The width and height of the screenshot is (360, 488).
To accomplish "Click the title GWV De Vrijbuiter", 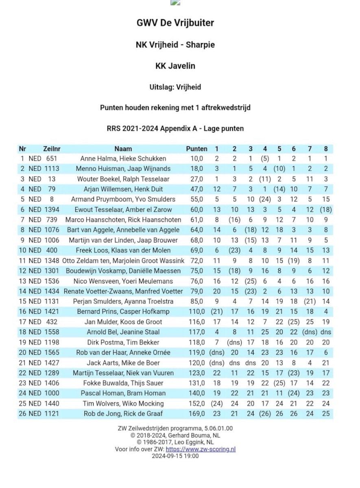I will pos(175,23).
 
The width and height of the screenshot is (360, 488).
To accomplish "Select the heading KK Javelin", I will pos(175,66).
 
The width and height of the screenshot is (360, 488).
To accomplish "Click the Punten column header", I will pos(196,149).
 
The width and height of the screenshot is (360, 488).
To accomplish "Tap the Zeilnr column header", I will pos(52,149).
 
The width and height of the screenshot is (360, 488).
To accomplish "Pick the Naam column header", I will pos(123,149).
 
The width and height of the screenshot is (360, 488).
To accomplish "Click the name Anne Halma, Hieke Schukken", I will pos(123,159).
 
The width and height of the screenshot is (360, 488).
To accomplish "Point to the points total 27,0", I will pos(196,179).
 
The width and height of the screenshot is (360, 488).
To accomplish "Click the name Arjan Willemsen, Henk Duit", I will pos(123,189).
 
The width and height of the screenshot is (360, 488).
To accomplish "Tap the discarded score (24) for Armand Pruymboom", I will pos(265,199).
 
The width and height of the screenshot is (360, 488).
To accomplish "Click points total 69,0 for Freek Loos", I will pos(196,251).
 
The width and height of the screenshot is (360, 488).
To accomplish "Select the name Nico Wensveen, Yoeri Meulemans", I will pos(123,281).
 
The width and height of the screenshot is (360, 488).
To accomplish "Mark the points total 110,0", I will pos(196,312).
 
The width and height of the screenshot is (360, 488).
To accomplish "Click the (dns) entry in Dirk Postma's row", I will pos(234,342).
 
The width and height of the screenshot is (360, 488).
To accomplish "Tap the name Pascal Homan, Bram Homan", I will pos(123,393).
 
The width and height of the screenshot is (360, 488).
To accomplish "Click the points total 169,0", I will pos(196,414).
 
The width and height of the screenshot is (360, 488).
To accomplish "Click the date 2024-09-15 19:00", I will pos(175,456).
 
